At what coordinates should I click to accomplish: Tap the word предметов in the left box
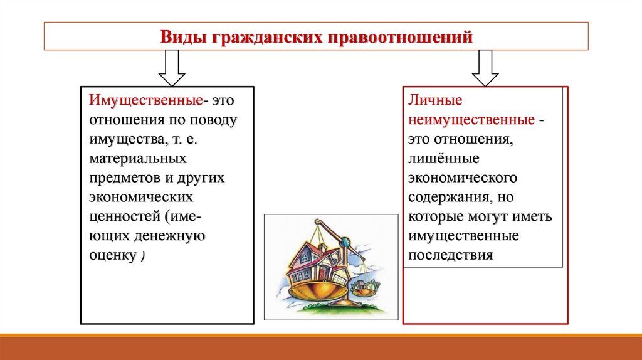121,179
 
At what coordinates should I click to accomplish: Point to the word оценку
112,256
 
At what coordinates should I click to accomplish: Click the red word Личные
436,100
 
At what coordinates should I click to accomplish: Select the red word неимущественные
471,119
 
